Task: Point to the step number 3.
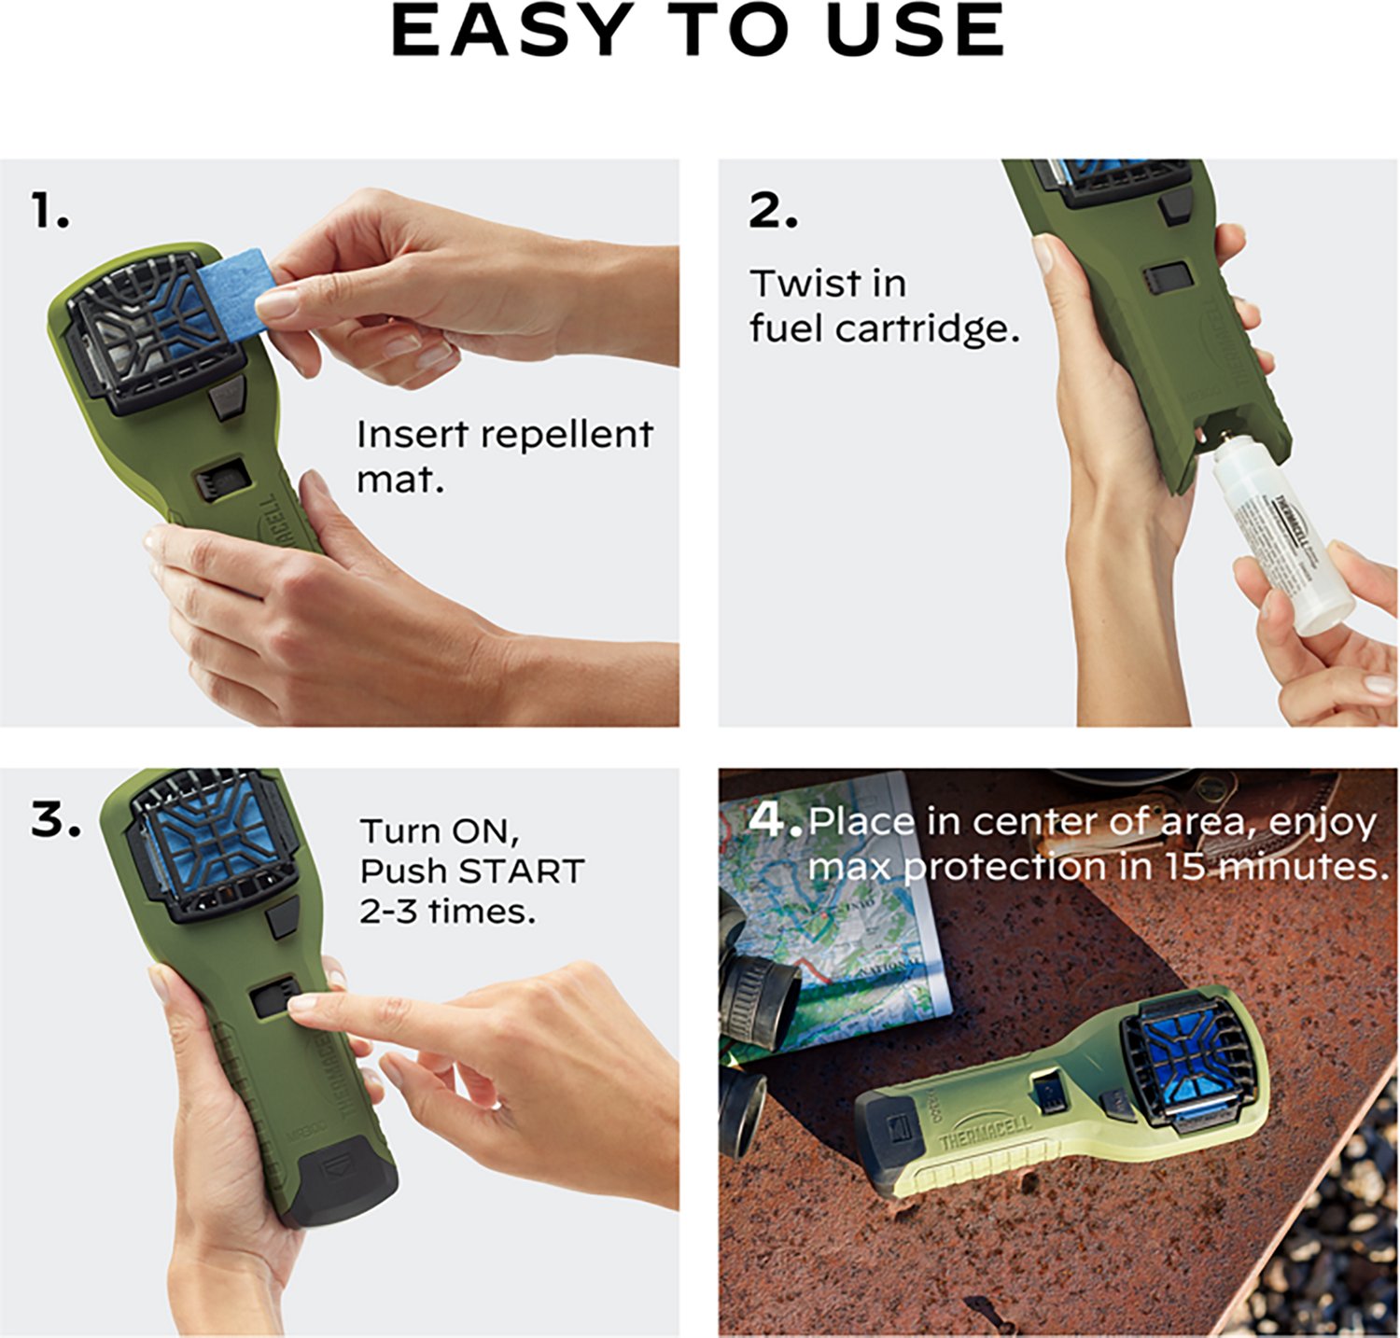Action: [56, 820]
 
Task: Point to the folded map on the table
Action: [840, 924]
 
